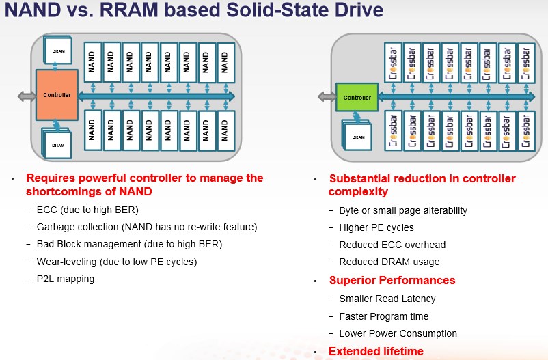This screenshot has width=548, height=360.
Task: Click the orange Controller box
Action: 57,95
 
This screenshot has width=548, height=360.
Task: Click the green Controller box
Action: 357,98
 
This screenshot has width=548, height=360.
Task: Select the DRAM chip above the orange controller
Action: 58,51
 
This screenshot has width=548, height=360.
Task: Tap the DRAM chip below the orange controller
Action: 57,144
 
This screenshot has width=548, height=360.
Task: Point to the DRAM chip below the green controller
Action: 357,137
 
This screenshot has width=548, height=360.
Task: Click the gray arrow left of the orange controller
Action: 27,96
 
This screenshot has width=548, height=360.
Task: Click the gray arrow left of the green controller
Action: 327,96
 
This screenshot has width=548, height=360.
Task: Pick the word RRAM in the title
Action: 129,10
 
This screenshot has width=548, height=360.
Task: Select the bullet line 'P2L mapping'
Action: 66,279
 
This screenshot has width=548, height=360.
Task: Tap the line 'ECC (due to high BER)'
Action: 87,210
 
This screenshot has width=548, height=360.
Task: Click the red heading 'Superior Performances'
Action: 392,280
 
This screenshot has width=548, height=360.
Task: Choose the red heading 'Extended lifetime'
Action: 376,351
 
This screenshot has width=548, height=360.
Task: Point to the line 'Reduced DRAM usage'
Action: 389,262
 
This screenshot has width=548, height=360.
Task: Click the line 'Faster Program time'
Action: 384,316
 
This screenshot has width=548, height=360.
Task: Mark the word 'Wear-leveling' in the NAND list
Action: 66,262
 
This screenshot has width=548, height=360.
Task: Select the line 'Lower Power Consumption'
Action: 398,333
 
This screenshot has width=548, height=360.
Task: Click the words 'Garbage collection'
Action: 78,227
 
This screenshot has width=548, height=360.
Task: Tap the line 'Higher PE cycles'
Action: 376,227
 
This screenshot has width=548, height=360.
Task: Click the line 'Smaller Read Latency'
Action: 387,299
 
